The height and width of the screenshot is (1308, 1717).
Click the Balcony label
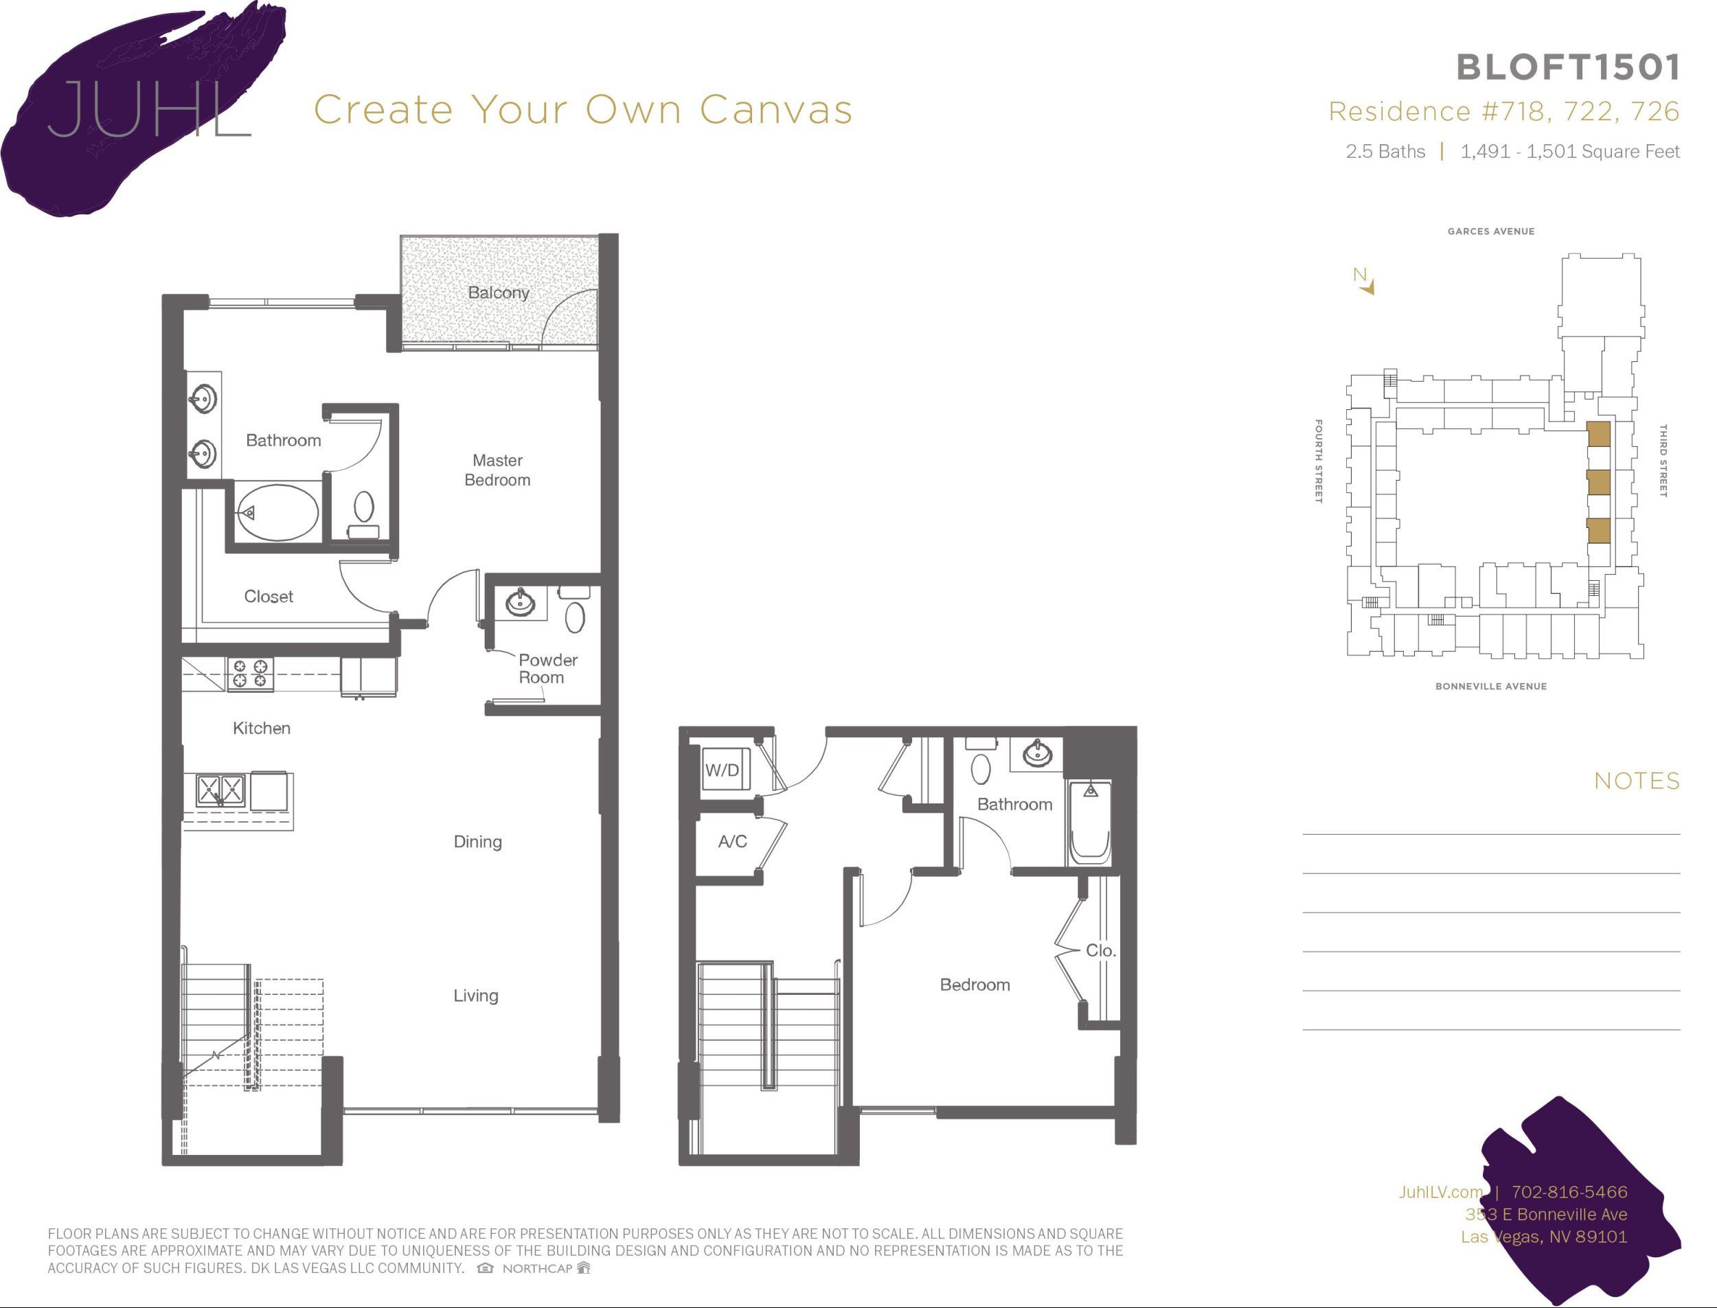click(x=499, y=292)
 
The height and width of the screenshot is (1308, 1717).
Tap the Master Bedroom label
click(x=497, y=470)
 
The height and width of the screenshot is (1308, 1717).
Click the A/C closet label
click(x=732, y=842)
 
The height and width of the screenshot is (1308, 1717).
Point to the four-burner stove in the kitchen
click(x=250, y=674)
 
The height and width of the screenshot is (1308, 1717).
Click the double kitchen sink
click(x=220, y=790)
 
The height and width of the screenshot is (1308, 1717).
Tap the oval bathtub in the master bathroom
click(x=277, y=512)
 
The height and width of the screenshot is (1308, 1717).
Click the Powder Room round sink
click(x=520, y=602)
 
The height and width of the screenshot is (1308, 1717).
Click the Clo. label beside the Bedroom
click(x=1100, y=951)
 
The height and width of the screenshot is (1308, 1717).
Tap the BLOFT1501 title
click(x=1567, y=68)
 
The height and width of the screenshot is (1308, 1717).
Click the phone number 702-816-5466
click(x=1569, y=1192)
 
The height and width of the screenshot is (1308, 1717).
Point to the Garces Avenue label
click(x=1490, y=231)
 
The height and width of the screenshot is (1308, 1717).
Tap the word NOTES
click(x=1637, y=781)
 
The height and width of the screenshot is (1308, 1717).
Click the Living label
click(x=476, y=996)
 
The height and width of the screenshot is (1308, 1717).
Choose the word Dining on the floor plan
click(x=477, y=842)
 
